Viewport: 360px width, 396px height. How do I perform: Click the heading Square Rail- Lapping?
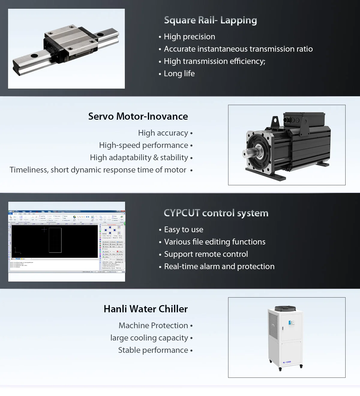[210, 20]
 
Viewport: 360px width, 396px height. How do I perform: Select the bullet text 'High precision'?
[189, 37]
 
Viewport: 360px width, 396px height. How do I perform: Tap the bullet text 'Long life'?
[179, 73]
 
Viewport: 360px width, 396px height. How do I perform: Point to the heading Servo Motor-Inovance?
[138, 116]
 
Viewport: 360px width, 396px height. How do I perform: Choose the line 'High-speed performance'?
[144, 145]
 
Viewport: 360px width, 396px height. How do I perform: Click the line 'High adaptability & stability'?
[139, 157]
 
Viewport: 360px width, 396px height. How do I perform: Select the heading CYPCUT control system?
[216, 213]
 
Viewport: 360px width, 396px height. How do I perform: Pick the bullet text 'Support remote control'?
[206, 254]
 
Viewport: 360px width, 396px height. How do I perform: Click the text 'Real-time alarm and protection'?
[219, 266]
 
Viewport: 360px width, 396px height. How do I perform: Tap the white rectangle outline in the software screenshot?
[55, 240]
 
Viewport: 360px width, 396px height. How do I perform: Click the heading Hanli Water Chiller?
[145, 309]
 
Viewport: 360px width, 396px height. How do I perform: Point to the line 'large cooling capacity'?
[149, 338]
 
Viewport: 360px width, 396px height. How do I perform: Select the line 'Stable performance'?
[153, 350]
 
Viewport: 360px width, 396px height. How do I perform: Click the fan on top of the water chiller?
[285, 308]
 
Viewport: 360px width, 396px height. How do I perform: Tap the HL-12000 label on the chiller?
[287, 362]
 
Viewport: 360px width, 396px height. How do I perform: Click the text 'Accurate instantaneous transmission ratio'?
[238, 49]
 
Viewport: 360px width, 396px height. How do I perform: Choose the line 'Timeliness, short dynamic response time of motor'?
[98, 170]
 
